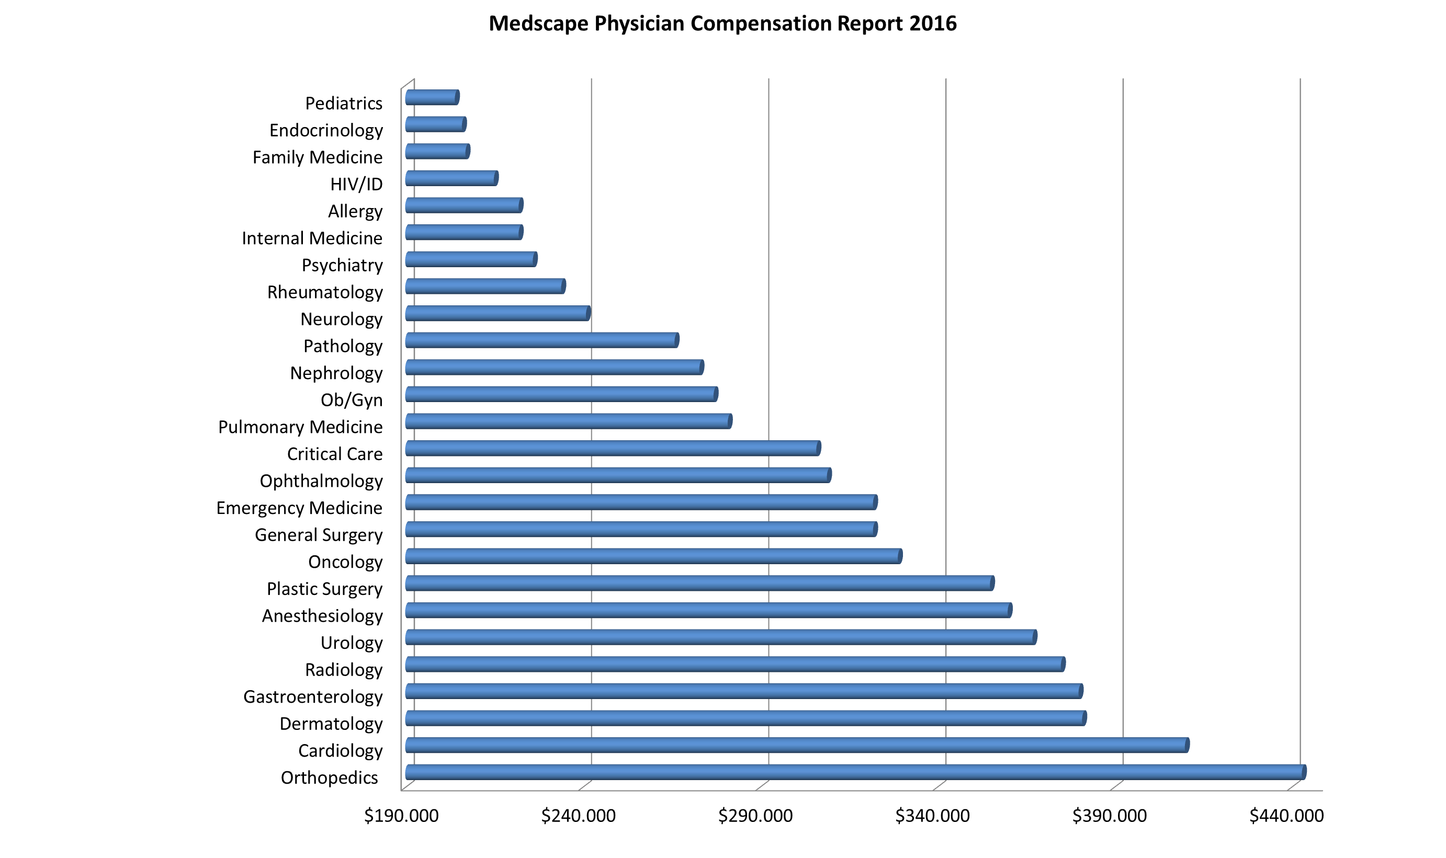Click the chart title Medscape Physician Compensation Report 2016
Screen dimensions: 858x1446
pos(722,24)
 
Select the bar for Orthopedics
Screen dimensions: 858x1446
pos(855,772)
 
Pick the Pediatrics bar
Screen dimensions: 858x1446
pos(432,97)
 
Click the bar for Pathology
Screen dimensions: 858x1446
pos(542,340)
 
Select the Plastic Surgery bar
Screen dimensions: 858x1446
pos(699,583)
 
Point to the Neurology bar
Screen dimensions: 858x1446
pos(498,313)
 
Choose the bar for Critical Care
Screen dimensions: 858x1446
pos(613,448)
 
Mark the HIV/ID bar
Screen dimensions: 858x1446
pos(451,178)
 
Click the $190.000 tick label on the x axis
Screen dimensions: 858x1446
pos(401,816)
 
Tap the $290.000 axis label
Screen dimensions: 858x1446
pos(755,816)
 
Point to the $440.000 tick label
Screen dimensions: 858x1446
pos(1286,816)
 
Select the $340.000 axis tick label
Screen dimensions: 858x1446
pos(932,816)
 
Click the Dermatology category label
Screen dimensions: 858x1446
pos(331,724)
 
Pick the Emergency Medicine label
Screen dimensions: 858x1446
pos(299,508)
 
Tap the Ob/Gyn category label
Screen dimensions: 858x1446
pos(352,400)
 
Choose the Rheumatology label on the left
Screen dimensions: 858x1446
pos(324,292)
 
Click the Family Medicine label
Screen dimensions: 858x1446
pos(318,157)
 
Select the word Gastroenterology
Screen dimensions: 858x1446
pos(313,696)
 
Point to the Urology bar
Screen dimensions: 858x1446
pos(721,637)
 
